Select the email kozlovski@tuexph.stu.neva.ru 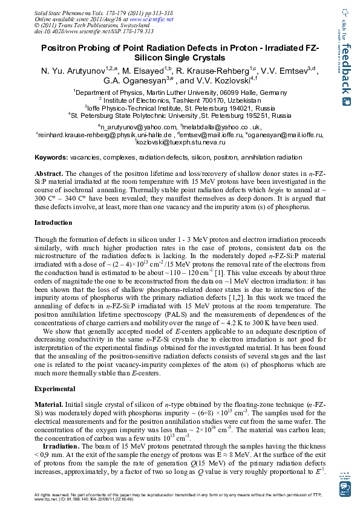coord(183,143)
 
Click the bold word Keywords coord(50,157)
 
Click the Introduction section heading coord(53,222)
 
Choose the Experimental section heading coord(54,388)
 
